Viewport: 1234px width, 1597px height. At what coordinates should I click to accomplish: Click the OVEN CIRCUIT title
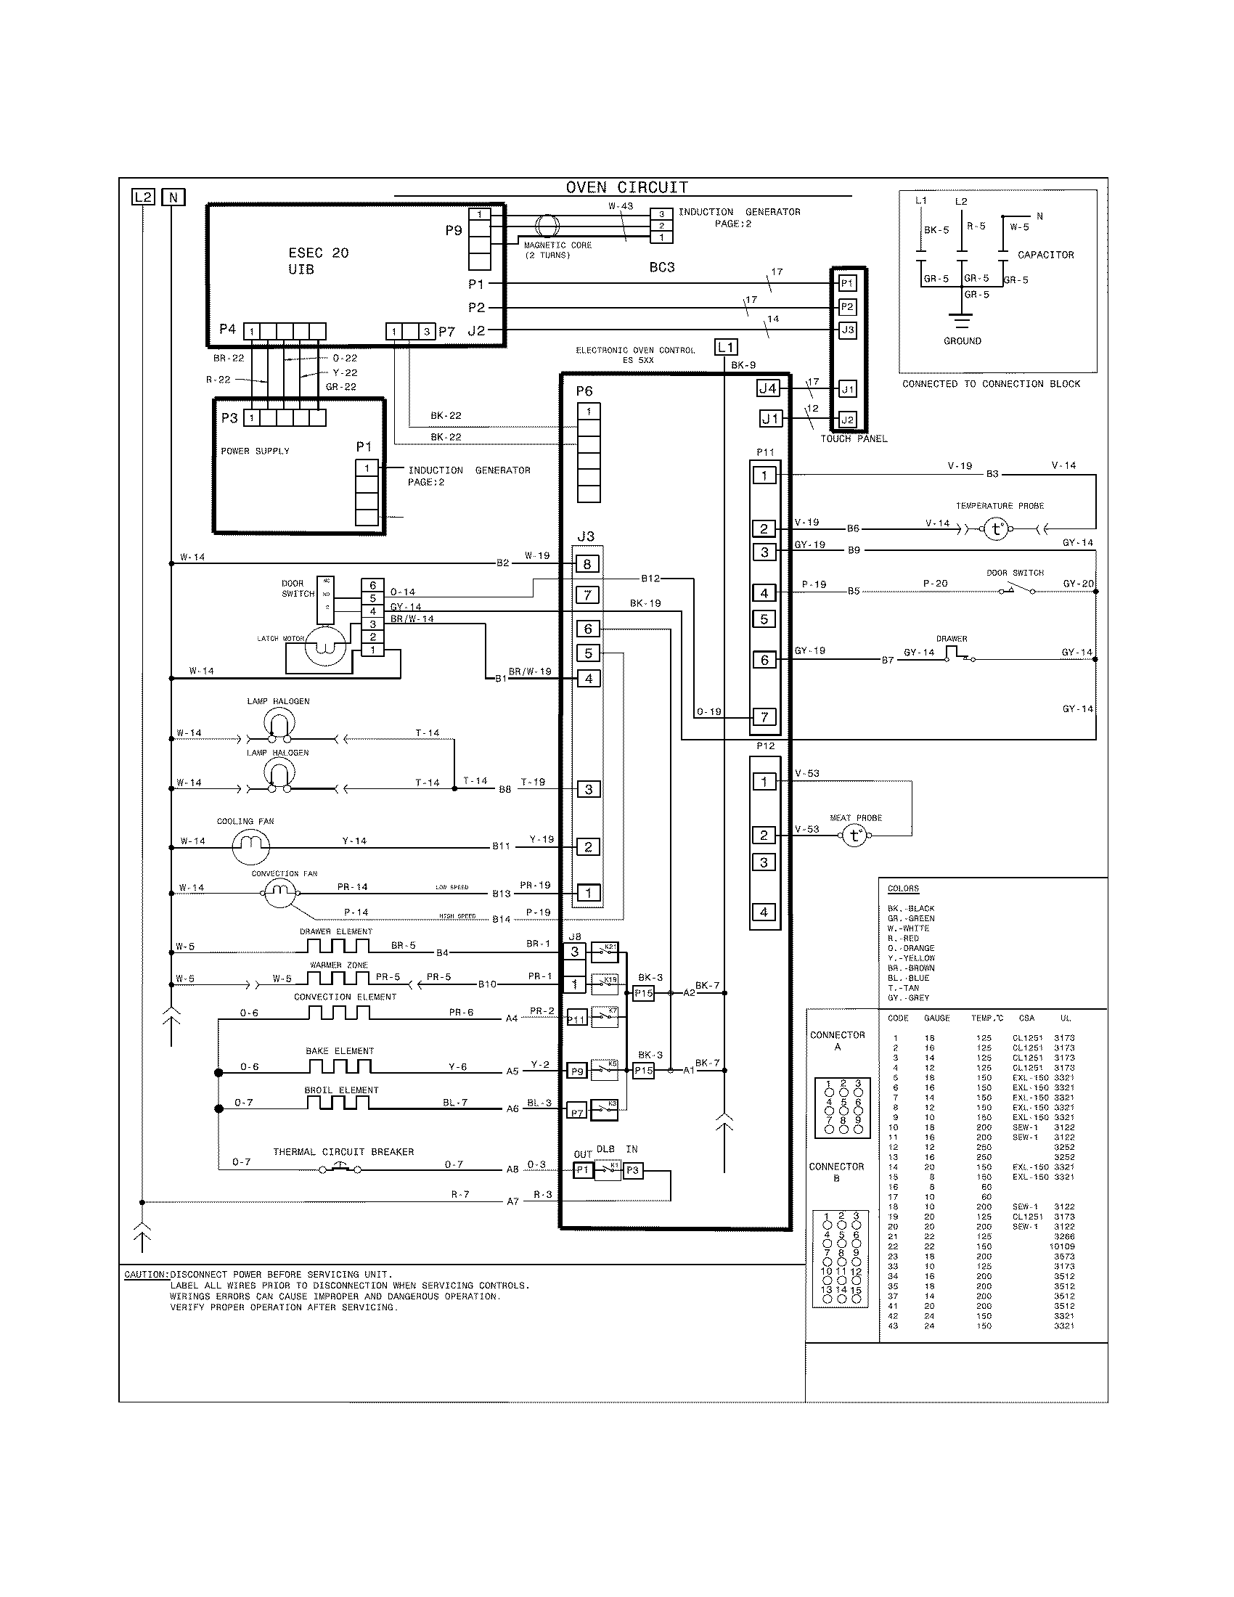626,188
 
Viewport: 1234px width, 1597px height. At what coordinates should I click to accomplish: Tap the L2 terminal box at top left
143,197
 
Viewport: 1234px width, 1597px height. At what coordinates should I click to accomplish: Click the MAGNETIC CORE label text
557,245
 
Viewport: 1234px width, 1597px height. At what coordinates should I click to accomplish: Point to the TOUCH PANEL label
853,438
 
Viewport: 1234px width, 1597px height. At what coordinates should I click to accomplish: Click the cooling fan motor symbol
250,846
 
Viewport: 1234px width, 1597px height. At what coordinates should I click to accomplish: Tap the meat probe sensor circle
854,836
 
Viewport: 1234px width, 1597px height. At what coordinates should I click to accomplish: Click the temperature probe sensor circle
996,528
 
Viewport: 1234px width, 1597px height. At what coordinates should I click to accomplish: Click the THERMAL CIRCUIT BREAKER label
343,1152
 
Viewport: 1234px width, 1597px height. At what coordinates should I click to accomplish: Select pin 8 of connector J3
588,564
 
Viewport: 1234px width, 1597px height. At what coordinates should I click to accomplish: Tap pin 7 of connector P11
764,716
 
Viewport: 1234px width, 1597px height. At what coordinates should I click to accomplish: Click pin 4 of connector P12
764,912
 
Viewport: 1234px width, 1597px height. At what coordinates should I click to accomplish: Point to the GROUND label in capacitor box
962,340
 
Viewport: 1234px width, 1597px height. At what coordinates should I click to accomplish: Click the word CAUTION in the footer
144,1275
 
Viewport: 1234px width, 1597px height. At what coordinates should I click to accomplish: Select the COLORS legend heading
903,889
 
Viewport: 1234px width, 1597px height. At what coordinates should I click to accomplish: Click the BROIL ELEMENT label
341,1090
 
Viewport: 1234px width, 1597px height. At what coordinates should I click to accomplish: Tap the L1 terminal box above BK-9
725,346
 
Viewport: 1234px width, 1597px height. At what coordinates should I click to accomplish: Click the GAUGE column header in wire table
936,1018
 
